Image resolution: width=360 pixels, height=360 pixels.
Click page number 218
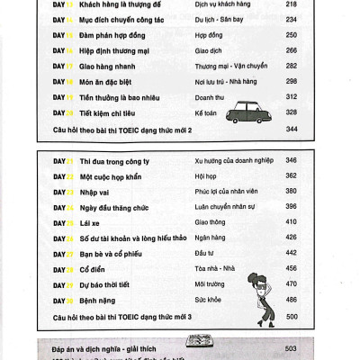(290, 4)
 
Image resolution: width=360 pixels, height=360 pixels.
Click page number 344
(290, 130)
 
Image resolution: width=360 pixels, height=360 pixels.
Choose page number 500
(290, 318)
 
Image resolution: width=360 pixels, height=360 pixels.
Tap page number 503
(290, 347)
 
